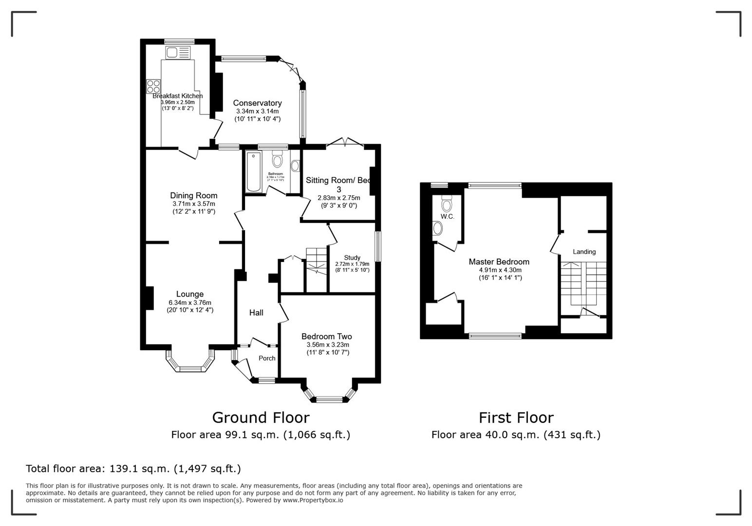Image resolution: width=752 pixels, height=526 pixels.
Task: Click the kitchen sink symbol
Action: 178,52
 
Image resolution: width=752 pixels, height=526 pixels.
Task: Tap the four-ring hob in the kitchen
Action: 153,86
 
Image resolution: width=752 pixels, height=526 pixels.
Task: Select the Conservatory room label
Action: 257,103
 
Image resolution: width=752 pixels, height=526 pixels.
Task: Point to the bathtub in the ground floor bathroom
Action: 254,172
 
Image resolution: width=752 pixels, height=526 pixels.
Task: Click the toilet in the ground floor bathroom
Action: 277,159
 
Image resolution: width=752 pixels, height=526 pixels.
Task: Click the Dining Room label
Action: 193,196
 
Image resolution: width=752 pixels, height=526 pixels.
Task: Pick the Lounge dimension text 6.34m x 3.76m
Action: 190,302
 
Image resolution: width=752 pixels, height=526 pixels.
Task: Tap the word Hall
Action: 256,313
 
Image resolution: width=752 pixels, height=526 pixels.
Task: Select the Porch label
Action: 267,358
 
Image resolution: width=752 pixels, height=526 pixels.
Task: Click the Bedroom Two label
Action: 326,337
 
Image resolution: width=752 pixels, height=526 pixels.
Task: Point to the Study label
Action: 352,258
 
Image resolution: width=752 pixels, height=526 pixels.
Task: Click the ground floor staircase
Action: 317,261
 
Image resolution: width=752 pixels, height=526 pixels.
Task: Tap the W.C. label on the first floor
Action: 447,217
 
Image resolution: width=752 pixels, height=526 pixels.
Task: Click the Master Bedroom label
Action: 499,262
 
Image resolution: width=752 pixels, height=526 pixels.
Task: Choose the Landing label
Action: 584,252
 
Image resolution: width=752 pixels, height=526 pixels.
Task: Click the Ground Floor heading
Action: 261,418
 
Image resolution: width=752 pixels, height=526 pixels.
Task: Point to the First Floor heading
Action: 516,418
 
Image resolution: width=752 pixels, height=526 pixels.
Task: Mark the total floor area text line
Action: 133,469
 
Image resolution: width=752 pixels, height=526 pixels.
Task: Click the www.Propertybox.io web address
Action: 313,500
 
